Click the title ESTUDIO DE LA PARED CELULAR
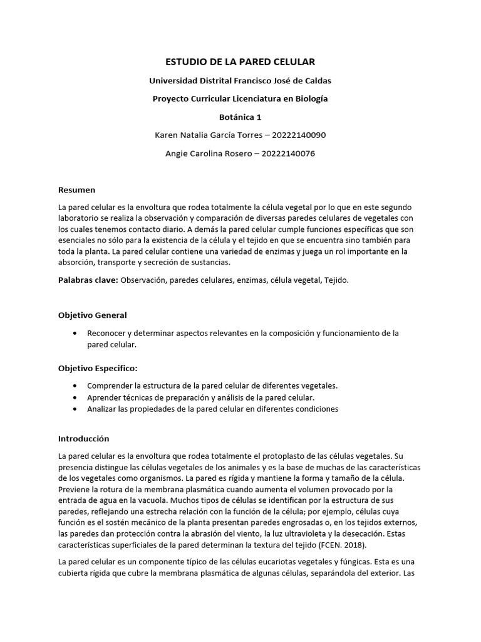240,61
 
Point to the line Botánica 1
240,117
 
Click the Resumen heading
76,189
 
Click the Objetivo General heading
92,315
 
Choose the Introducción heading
83,438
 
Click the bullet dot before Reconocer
76,334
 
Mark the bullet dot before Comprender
76,386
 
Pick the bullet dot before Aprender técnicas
76,397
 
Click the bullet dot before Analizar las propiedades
76,409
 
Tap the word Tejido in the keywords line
334,280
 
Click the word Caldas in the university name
318,80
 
